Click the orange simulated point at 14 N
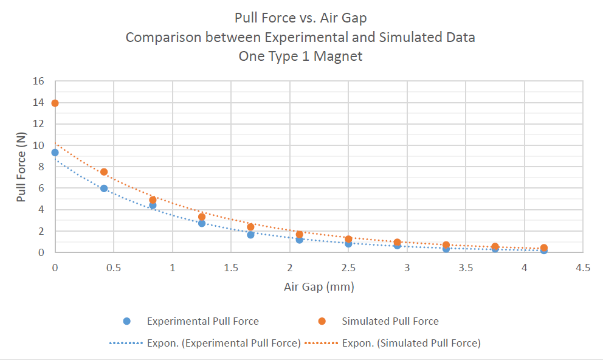[x=55, y=103]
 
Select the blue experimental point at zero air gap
[x=55, y=153]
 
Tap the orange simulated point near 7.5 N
[x=104, y=172]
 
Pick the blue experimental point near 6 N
[x=104, y=189]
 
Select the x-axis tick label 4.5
[x=583, y=268]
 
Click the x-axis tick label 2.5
[x=348, y=268]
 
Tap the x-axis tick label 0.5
[x=114, y=268]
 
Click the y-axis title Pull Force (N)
[x=22, y=167]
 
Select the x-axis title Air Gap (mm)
[x=319, y=286]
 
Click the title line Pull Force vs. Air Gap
[x=300, y=18]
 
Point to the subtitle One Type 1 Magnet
[x=300, y=57]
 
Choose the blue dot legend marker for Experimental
[x=127, y=321]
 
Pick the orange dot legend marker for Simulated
[x=322, y=321]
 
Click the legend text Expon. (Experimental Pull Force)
[x=224, y=343]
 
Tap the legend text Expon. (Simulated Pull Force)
[x=411, y=343]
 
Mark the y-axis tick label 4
[x=43, y=210]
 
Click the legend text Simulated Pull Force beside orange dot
[x=390, y=321]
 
